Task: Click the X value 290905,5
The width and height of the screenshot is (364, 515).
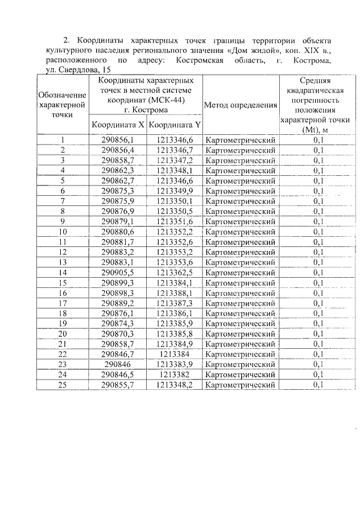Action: (118, 273)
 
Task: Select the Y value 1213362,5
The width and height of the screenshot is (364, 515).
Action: (175, 273)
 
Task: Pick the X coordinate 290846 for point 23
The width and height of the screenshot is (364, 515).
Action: (118, 364)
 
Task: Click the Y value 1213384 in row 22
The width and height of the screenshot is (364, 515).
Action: (175, 354)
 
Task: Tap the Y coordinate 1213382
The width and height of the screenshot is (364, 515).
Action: (175, 374)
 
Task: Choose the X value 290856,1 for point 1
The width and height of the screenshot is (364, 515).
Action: (118, 140)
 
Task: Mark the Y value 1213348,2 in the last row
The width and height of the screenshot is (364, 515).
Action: (175, 385)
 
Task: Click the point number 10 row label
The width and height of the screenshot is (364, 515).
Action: (63, 232)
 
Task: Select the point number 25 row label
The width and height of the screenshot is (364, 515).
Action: (63, 385)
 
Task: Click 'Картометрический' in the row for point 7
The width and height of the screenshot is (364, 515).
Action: (240, 201)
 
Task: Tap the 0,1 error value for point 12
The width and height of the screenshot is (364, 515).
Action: (318, 252)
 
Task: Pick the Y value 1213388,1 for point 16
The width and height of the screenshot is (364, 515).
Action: (175, 293)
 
